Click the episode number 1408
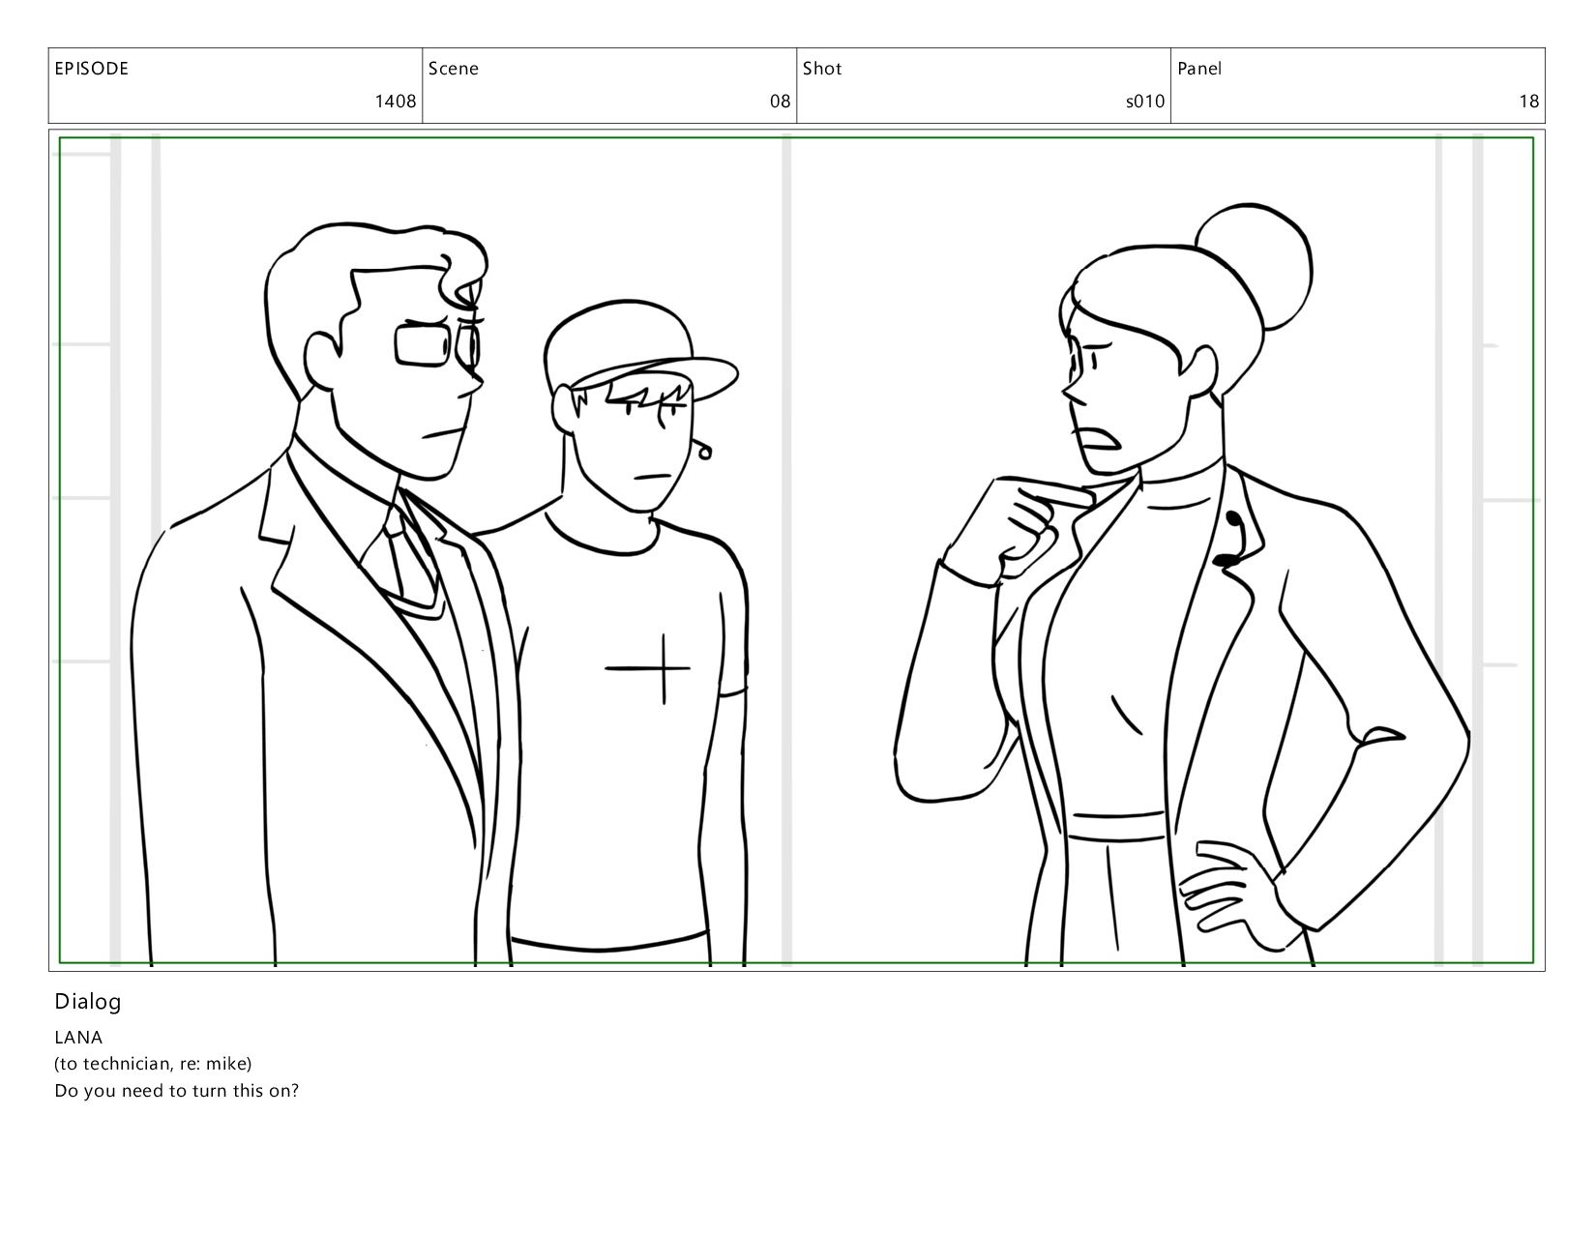(x=396, y=102)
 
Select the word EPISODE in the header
(x=92, y=69)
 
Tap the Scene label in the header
(x=453, y=69)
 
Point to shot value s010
(x=1145, y=102)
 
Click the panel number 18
(x=1528, y=102)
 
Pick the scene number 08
(x=780, y=102)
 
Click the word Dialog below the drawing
(x=87, y=1002)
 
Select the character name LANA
(x=78, y=1038)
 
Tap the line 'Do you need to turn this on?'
(x=176, y=1091)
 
